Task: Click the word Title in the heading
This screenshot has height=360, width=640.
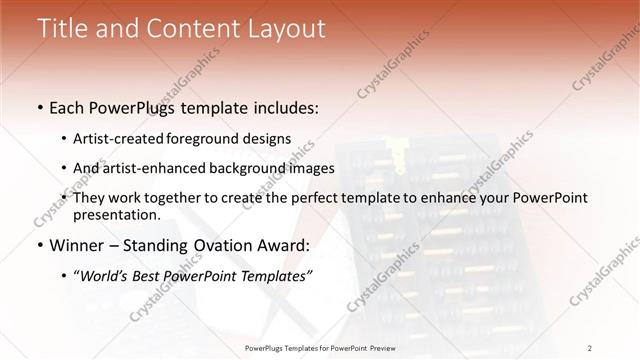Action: click(x=60, y=29)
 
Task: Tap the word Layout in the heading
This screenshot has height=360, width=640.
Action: click(x=288, y=29)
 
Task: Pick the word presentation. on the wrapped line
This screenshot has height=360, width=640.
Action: click(x=117, y=215)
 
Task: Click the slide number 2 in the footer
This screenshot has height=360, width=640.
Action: click(x=590, y=347)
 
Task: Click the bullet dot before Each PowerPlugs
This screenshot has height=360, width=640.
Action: click(x=39, y=107)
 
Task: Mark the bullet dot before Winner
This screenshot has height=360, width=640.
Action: click(x=39, y=246)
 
